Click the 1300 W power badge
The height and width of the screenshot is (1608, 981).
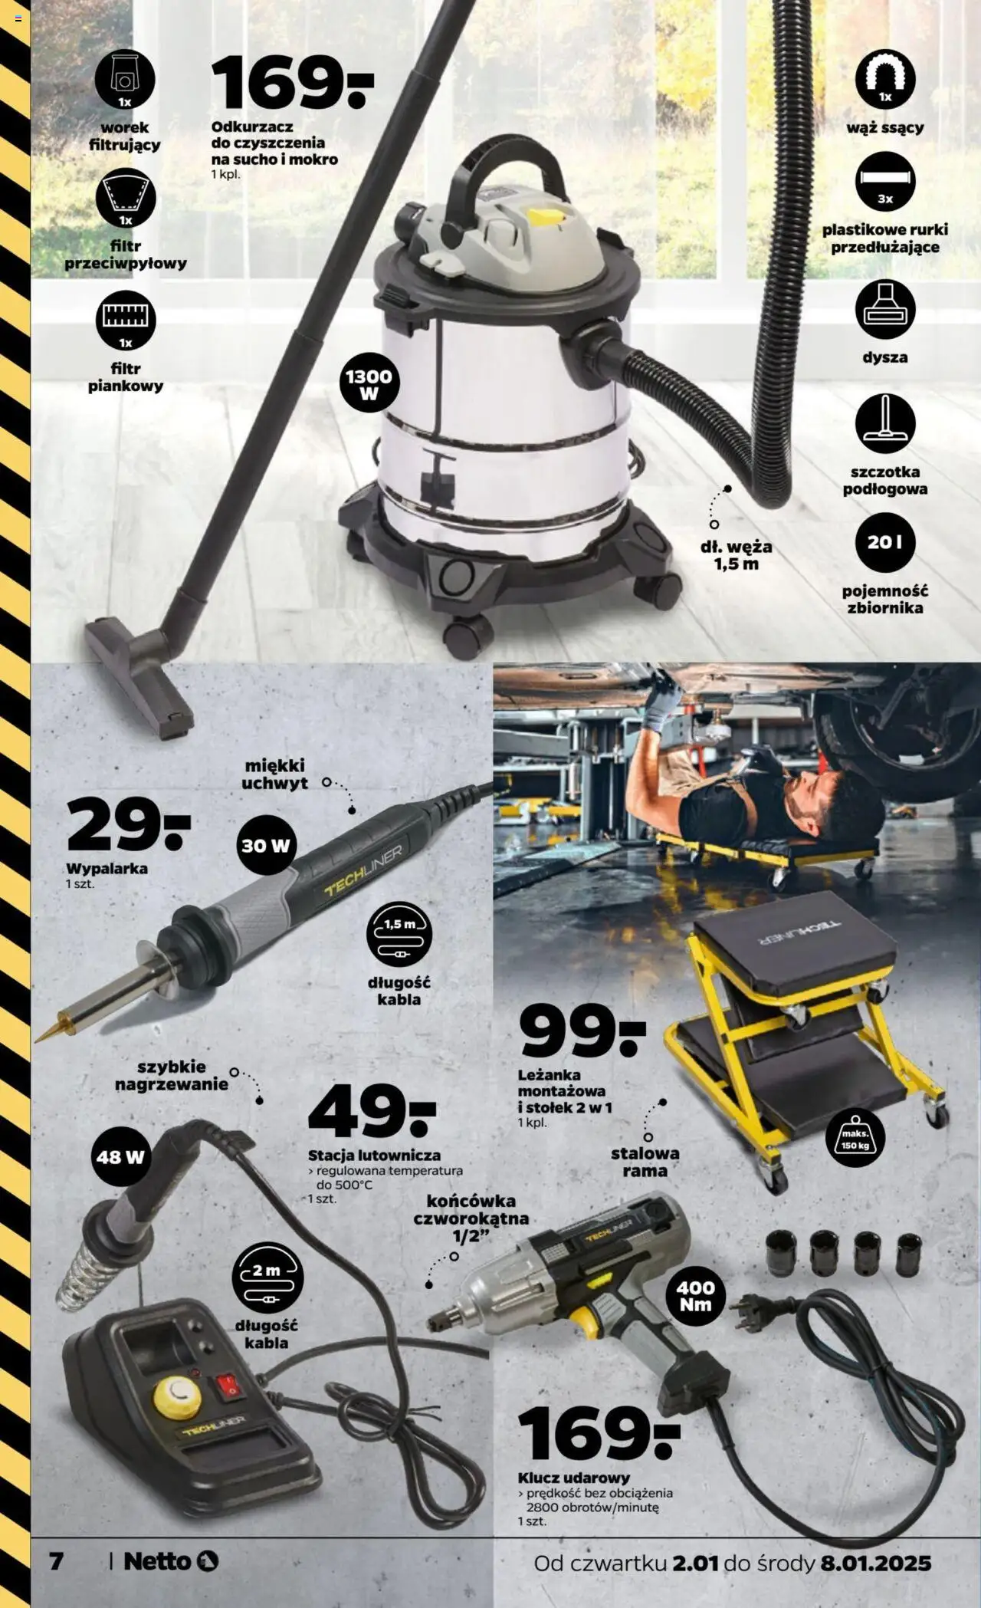click(369, 384)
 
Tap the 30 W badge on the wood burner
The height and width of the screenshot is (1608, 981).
click(266, 846)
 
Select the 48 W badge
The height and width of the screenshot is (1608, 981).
click(120, 1156)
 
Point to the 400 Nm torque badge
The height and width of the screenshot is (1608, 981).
click(695, 1295)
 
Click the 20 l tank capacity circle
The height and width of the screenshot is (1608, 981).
click(885, 542)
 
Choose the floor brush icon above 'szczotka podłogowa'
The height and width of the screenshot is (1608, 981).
click(885, 424)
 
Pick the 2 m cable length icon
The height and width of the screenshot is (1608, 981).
click(267, 1278)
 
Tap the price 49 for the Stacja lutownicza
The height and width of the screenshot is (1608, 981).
click(372, 1111)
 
